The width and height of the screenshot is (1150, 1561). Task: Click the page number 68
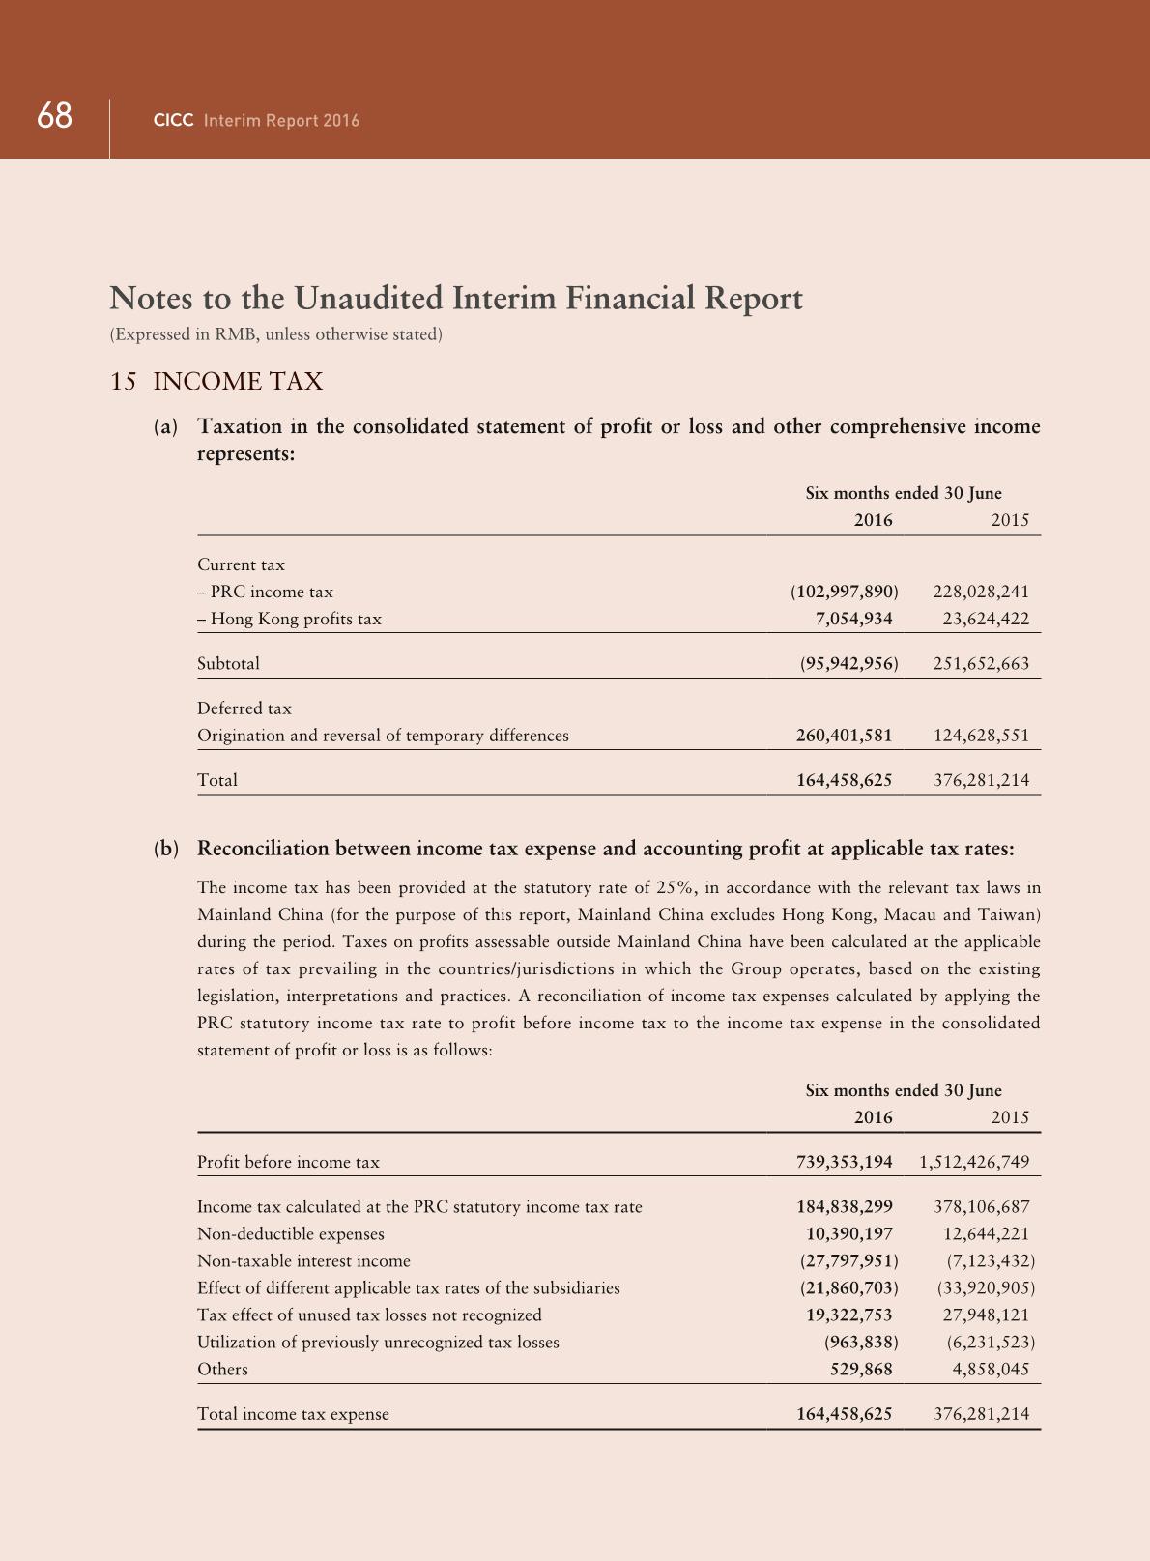coord(55,117)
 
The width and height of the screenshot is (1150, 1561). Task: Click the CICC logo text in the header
coord(174,121)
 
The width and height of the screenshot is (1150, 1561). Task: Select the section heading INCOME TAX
coord(238,382)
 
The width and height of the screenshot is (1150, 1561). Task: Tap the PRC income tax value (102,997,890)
coord(845,592)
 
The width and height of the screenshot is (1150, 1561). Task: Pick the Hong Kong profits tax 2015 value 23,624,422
coord(986,619)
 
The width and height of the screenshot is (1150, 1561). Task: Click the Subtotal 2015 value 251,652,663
coord(981,663)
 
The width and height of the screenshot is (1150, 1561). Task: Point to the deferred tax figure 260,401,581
coord(845,735)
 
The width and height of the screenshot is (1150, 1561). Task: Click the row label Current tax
coord(241,564)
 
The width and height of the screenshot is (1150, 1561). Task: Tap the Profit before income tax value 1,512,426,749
coord(975,1162)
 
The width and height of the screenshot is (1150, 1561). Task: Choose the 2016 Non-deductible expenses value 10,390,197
coord(849,1233)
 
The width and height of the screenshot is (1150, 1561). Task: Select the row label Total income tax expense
coord(293,1414)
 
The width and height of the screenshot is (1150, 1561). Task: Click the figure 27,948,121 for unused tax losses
coord(986,1315)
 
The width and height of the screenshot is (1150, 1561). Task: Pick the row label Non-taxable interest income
coord(303,1260)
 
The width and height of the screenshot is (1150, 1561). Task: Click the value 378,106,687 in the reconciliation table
coord(981,1206)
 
